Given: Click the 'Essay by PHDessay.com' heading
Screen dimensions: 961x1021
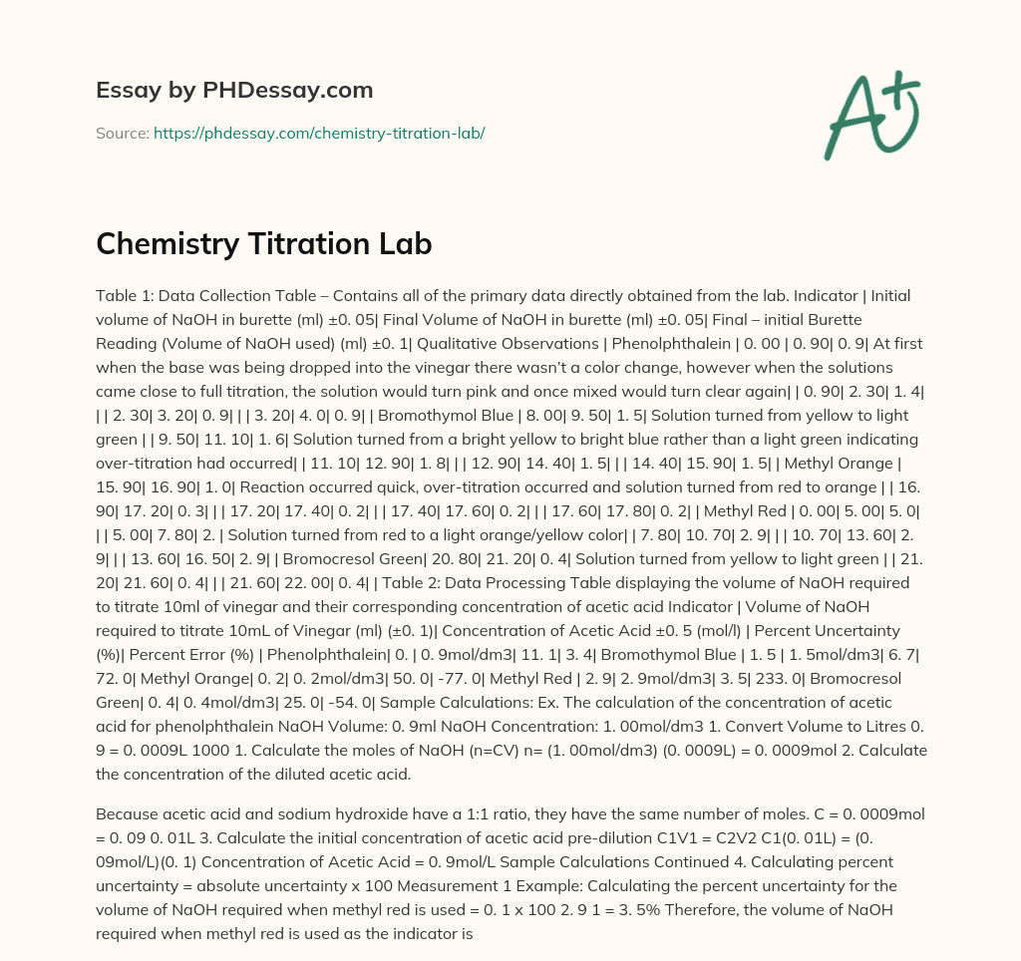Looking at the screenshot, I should click(234, 91).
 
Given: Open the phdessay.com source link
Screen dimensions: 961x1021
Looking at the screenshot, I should click(319, 133).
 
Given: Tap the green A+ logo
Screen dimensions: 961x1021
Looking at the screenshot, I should click(871, 115).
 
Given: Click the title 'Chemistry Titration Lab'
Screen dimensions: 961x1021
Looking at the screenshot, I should click(263, 244).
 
